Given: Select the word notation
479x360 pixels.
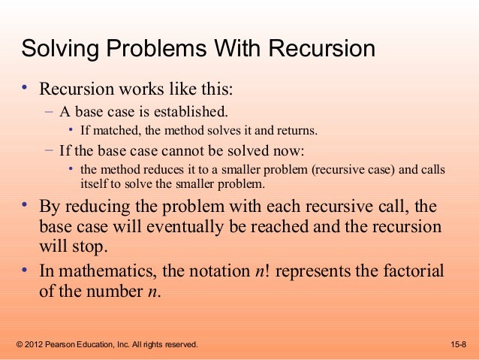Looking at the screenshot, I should [218, 272].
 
